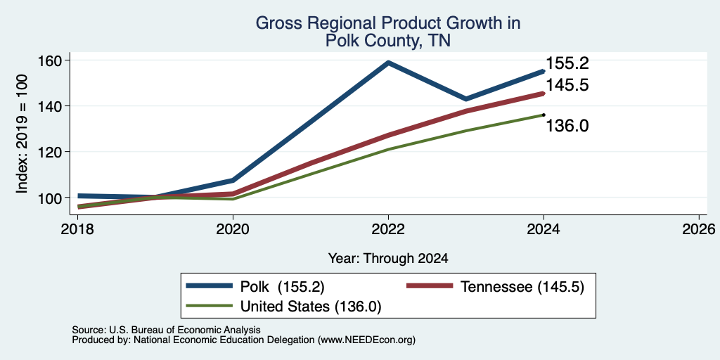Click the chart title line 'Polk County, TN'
pos(388,41)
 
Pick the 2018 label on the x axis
pos(77,229)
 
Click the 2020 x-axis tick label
pos(233,229)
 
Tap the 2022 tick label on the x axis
pos(388,229)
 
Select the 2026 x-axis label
pos(700,229)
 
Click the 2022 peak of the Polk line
pos(388,63)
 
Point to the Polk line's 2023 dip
pos(466,98)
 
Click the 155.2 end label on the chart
pos(567,63)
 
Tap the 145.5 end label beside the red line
pos(567,85)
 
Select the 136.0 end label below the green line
pos(567,125)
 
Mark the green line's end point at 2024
pos(544,115)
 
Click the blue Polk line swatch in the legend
pos(209,286)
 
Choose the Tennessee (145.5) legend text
pos(522,287)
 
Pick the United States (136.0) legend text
pos(311,307)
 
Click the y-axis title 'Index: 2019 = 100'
pos(22,134)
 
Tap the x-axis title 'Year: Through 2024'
pos(388,259)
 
